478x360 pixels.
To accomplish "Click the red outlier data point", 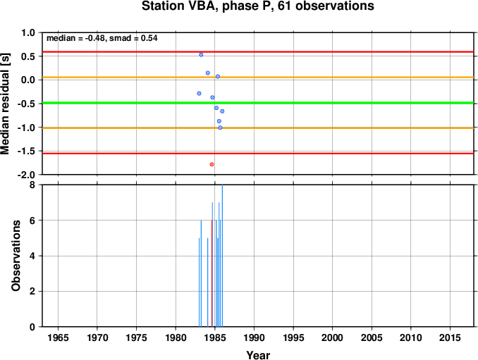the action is pyautogui.click(x=212, y=164).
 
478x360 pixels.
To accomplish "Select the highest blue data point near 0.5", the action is pyautogui.click(x=201, y=55).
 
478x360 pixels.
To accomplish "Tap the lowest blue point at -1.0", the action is pyautogui.click(x=221, y=128).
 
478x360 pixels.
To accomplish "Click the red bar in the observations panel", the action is pyautogui.click(x=212, y=273).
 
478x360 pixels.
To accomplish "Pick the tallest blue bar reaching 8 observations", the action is pyautogui.click(x=222, y=256).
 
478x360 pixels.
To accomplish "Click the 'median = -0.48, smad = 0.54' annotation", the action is pyautogui.click(x=102, y=38).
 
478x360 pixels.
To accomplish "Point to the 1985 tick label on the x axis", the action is pyautogui.click(x=215, y=337).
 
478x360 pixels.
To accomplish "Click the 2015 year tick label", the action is pyautogui.click(x=450, y=337).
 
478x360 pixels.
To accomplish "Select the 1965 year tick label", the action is pyautogui.click(x=58, y=337).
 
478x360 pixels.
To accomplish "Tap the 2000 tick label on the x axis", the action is pyautogui.click(x=332, y=337).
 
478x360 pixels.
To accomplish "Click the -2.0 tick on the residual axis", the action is pyautogui.click(x=28, y=175).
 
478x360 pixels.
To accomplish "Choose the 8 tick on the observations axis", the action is pyautogui.click(x=32, y=185).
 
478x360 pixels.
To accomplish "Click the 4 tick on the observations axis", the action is pyautogui.click(x=32, y=256).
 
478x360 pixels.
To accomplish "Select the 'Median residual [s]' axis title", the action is pyautogui.click(x=6, y=104).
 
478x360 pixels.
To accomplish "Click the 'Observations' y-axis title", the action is pyautogui.click(x=16, y=256).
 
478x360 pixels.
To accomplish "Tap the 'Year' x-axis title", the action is pyautogui.click(x=258, y=355).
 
